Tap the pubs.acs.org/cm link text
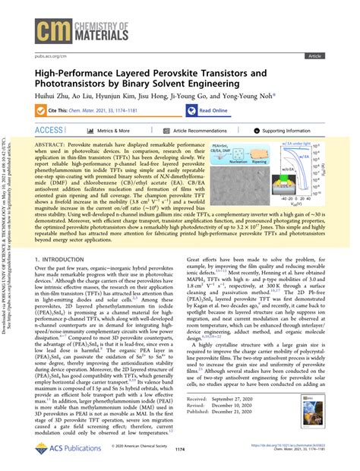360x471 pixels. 50,56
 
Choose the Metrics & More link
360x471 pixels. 111,131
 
